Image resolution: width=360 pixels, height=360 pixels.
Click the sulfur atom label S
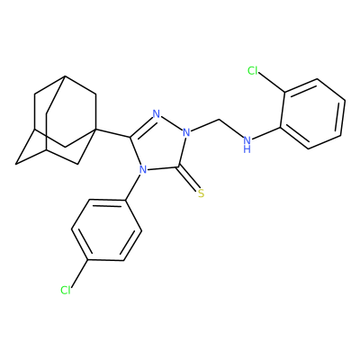[201, 193]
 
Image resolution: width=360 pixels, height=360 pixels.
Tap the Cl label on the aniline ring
[253, 70]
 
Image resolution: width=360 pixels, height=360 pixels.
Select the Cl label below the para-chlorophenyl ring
[66, 290]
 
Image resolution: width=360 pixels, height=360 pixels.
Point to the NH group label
[247, 144]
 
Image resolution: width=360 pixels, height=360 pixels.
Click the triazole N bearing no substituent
[157, 113]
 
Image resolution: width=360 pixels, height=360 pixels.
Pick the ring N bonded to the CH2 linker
[186, 132]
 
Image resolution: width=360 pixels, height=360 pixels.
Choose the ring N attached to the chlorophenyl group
[143, 170]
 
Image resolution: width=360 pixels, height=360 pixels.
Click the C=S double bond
[189, 178]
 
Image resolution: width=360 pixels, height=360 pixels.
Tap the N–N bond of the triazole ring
[171, 123]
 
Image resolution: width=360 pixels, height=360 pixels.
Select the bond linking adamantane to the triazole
[112, 133]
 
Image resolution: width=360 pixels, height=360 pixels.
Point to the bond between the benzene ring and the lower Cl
[79, 273]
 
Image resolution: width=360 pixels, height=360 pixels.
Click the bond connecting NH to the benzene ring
[265, 133]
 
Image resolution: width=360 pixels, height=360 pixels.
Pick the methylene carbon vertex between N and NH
[220, 120]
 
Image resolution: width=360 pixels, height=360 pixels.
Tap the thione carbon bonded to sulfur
[179, 166]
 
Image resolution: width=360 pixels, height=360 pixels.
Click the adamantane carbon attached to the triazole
[96, 129]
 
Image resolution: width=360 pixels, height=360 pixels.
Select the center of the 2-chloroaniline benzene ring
[312, 113]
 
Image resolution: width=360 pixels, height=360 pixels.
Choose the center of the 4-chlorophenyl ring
[106, 229]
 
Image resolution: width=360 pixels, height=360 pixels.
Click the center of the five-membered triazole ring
[159, 144]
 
